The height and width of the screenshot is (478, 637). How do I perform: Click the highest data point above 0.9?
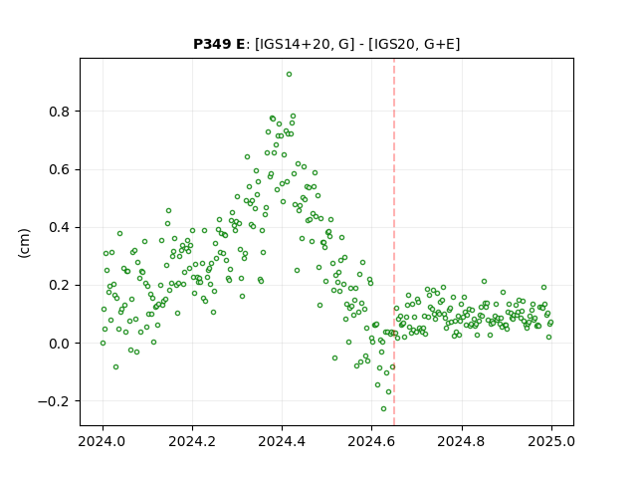coord(289,75)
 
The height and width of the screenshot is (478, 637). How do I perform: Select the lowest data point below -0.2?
coord(383,408)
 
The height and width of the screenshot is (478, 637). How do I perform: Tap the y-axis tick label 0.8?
coord(59,112)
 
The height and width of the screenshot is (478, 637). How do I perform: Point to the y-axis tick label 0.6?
coord(59,169)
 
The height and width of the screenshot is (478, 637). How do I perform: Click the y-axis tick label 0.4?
coord(59,227)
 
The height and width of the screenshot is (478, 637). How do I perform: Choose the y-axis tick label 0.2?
coord(59,286)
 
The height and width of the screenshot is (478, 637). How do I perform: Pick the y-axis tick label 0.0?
coord(59,344)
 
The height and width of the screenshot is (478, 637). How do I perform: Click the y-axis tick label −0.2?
coord(54,401)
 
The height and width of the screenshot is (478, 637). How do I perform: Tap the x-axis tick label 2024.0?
coord(103,441)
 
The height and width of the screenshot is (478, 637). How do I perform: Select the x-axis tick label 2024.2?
coord(192,441)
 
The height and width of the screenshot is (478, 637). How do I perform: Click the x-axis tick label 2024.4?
coord(282,441)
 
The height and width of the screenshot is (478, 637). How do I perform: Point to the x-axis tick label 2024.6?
coord(371,441)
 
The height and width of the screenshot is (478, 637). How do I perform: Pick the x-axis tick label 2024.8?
coord(461,441)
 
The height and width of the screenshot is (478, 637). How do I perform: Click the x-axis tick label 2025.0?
coord(551,441)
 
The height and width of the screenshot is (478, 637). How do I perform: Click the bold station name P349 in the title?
coord(210,44)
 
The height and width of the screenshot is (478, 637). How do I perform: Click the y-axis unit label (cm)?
coord(24,243)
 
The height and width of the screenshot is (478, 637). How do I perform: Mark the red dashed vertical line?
coord(394,242)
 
